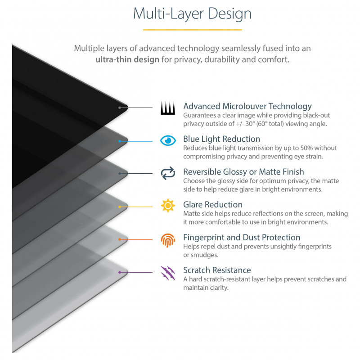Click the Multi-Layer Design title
193,14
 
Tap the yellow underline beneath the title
193,30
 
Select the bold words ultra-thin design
127,59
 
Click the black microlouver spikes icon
168,108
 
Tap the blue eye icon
168,140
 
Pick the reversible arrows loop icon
168,173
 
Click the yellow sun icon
168,206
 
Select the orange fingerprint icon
168,240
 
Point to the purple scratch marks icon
168,273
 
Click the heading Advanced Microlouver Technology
247,106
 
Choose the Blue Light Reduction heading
221,139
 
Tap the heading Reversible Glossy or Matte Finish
243,172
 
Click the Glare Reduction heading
213,204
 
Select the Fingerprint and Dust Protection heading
242,237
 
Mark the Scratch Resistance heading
217,270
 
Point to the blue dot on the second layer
119,141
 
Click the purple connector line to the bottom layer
136,272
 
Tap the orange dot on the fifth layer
119,239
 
